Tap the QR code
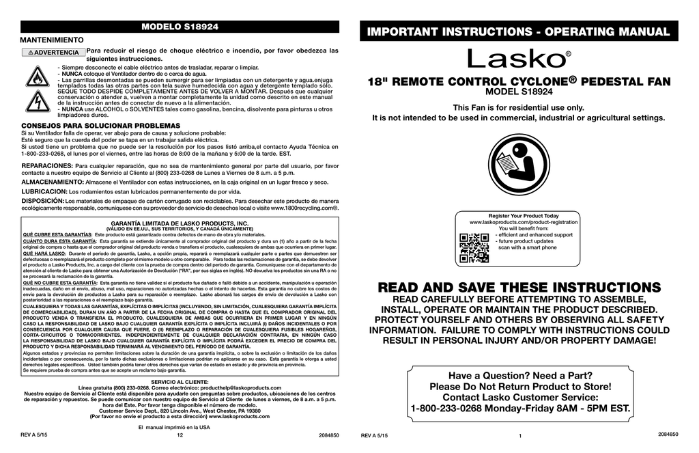point(474,248)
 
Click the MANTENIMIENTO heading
point(53,41)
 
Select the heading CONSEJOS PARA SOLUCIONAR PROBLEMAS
point(101,126)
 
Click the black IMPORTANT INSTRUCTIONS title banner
point(518,31)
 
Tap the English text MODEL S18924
point(518,93)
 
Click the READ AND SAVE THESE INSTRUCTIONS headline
point(518,288)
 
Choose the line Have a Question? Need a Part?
point(520,375)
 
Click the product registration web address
point(524,223)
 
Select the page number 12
point(180,435)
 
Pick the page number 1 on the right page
point(519,437)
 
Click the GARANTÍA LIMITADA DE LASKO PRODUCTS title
point(180,223)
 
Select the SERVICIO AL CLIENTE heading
point(180,381)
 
